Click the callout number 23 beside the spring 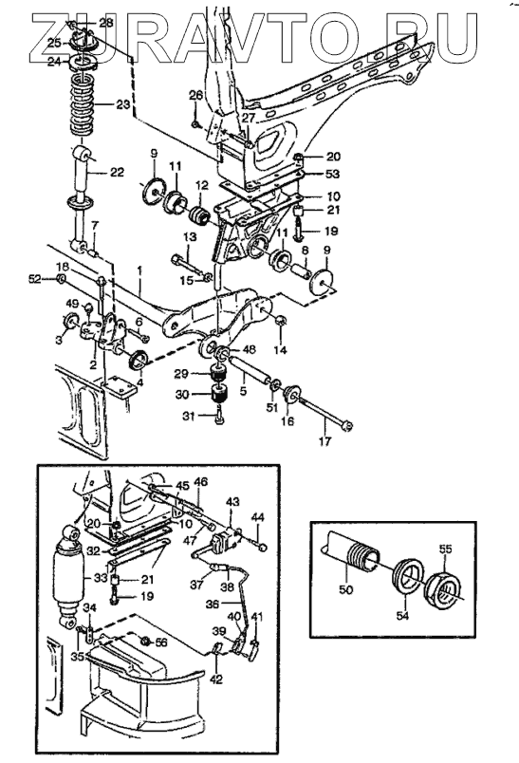tap(122, 103)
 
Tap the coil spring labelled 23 tap(84, 103)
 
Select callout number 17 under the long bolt tap(324, 441)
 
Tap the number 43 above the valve tap(233, 501)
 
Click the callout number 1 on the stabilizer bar tap(139, 281)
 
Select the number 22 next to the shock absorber tap(117, 173)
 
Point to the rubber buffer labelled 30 tap(221, 394)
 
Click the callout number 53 tap(333, 174)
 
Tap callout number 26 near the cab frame tap(195, 95)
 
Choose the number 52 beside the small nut tap(35, 278)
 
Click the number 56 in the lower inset tap(160, 642)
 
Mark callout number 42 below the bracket tap(216, 679)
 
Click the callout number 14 tap(281, 349)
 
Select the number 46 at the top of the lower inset tap(200, 482)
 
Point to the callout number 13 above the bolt tap(190, 237)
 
